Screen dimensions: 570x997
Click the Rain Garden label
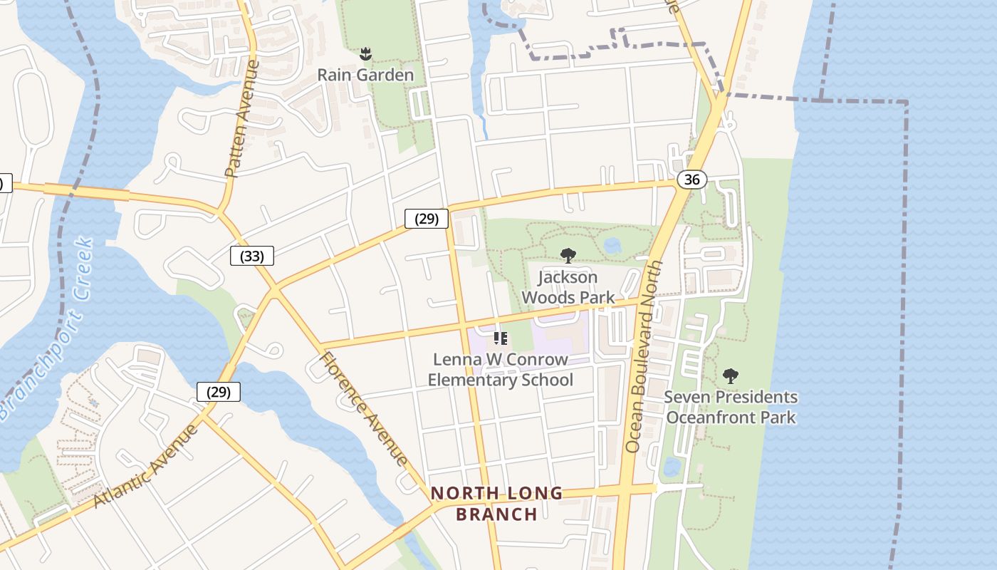365,75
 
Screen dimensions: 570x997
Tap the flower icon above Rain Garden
365,53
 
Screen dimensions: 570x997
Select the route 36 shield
691,180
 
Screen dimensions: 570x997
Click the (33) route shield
252,256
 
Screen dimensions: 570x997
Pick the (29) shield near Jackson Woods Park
427,219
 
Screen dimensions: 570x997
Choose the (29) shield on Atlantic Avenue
219,392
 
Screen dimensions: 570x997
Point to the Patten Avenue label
242,118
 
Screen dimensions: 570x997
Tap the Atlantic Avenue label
145,467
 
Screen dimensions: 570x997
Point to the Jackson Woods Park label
568,286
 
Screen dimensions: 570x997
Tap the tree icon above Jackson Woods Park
568,255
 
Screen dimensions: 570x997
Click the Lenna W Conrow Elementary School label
500,369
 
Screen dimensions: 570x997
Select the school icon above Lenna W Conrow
500,338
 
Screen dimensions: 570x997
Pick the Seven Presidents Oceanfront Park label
731,406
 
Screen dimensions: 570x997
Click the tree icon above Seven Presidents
730,375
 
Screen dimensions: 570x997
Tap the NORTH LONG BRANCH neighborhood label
496,503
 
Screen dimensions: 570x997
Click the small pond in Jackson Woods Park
612,246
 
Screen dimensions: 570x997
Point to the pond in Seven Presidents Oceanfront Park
672,467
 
